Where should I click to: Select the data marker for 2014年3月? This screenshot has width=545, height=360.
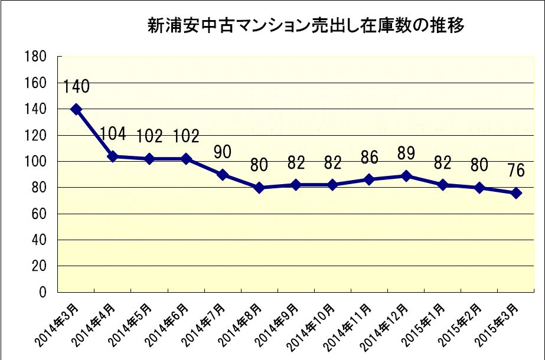(x=76, y=109)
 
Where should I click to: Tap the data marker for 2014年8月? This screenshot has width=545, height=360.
(x=259, y=188)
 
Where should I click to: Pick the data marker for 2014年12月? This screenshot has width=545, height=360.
(x=406, y=176)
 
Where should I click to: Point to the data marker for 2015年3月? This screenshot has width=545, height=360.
(x=516, y=193)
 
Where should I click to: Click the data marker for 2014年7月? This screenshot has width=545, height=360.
(x=222, y=175)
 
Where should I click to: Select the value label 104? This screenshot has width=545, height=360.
(x=113, y=134)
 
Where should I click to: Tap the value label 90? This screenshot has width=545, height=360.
(x=222, y=152)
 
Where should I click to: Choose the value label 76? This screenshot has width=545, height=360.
(x=516, y=171)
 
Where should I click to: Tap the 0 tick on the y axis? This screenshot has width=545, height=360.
(x=43, y=292)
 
